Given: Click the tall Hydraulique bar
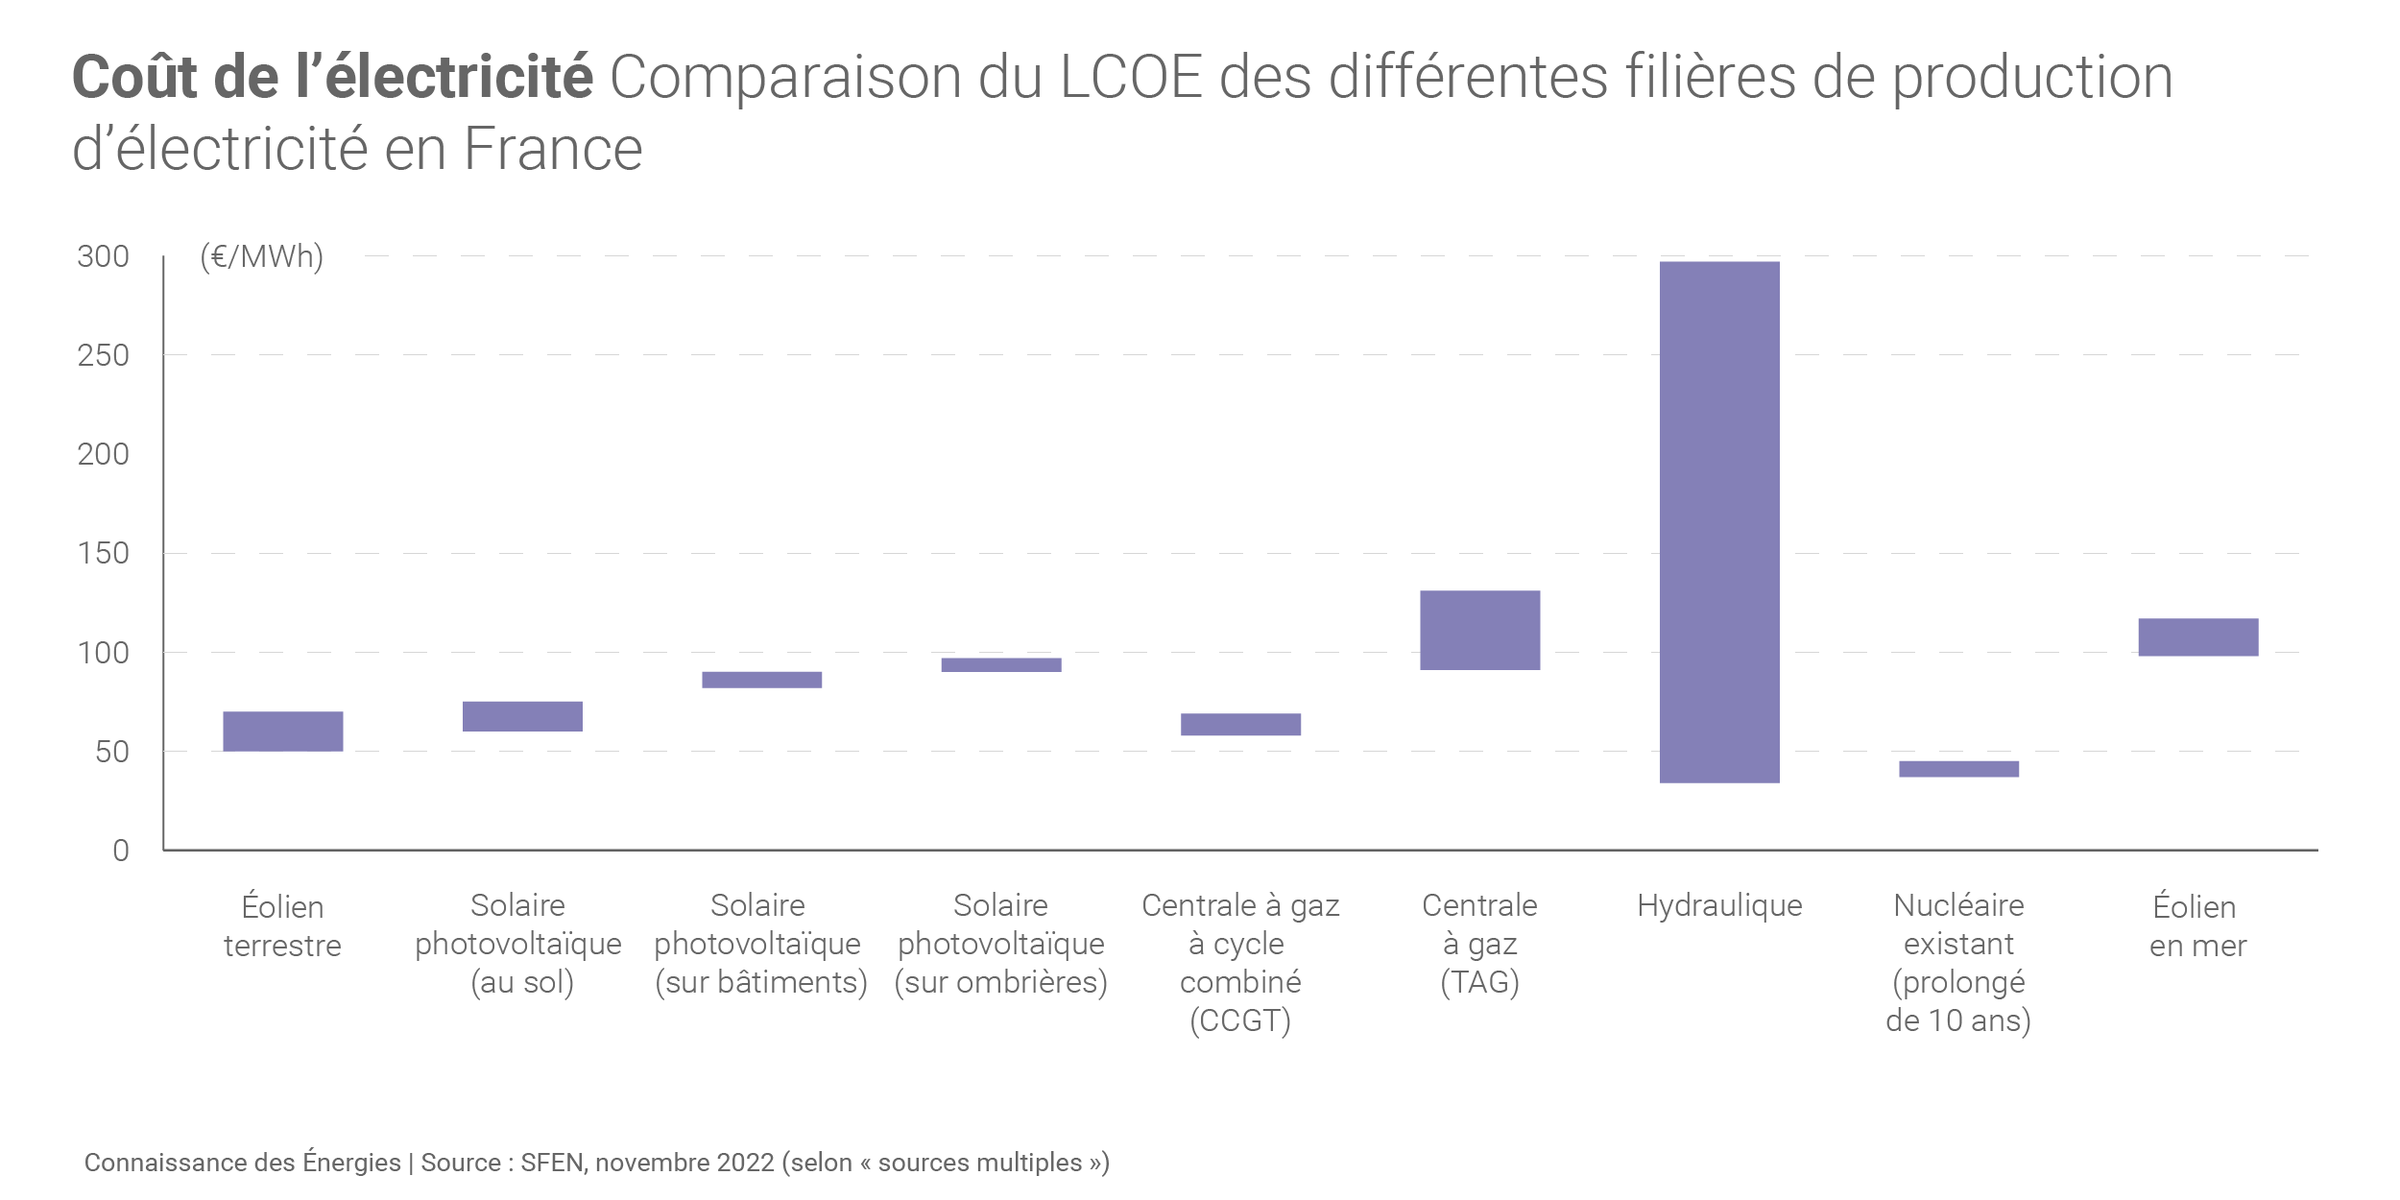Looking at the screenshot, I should click(x=1719, y=521).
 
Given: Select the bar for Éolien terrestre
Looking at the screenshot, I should click(x=283, y=731).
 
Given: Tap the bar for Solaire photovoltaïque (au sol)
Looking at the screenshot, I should click(x=522, y=716).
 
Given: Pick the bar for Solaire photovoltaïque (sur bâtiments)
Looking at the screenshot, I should click(x=761, y=680).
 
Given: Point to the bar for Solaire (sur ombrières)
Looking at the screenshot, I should click(x=1001, y=664).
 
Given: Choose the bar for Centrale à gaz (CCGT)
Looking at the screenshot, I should click(x=1240, y=724).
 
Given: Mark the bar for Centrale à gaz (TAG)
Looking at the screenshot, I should click(x=1479, y=630).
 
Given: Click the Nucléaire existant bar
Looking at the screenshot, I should click(x=1958, y=768).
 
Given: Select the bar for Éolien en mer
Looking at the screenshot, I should click(x=2198, y=636).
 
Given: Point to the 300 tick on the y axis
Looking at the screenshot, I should click(x=103, y=256).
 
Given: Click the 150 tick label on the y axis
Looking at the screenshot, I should click(x=103, y=553).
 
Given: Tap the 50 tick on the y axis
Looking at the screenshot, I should click(x=111, y=752).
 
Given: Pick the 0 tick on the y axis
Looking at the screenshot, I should click(x=121, y=851).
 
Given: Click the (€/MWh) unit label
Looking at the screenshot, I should click(x=261, y=256).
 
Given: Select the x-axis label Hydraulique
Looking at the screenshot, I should click(x=1719, y=905).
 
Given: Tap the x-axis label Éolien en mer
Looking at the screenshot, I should click(x=2197, y=925).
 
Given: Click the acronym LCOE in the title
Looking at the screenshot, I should click(x=1131, y=77).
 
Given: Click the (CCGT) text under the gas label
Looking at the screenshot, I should click(x=1240, y=1020).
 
